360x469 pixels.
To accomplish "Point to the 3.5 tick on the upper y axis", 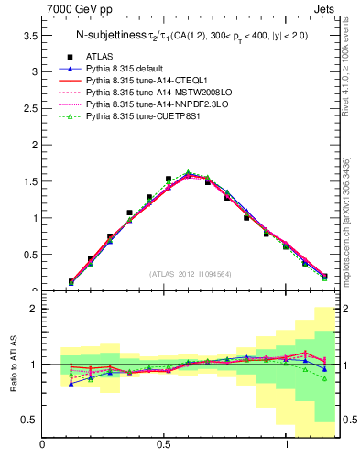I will point(30,35).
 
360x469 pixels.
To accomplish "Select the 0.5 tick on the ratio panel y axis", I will point(30,420).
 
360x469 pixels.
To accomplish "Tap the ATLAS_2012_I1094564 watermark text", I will point(191,274).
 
